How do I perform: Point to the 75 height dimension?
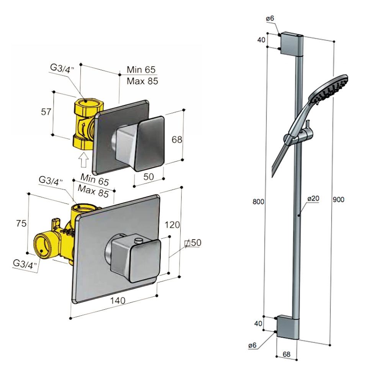(21, 223)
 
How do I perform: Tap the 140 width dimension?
(118, 301)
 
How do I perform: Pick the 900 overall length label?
(339, 200)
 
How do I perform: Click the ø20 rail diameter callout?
(313, 198)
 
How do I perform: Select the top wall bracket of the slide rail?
(291, 43)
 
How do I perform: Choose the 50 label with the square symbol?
(193, 243)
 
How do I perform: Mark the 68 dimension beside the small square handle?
(177, 140)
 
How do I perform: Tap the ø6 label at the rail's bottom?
(252, 345)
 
